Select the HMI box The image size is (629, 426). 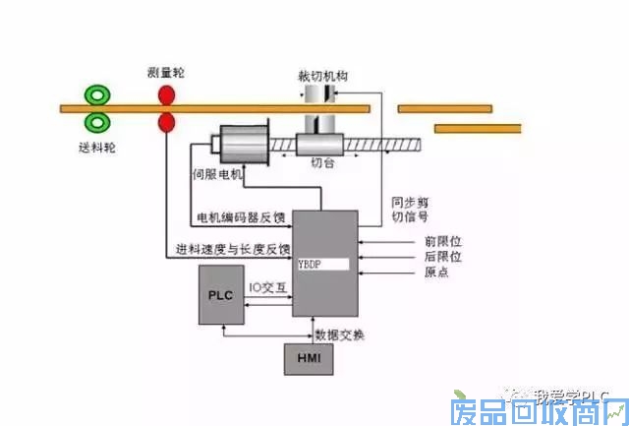pos(309,361)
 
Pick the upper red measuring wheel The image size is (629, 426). pos(166,95)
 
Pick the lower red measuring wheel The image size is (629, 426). pos(166,122)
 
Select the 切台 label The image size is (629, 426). pos(321,163)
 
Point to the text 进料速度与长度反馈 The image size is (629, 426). pos(234,248)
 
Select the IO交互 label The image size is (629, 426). pos(267,288)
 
